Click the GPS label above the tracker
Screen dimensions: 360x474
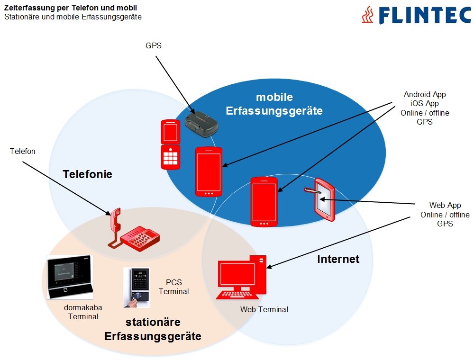(153, 46)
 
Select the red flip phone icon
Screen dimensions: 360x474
(170, 144)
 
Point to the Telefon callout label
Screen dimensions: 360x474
(23, 151)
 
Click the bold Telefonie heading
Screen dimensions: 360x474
(88, 174)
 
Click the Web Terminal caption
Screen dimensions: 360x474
(264, 309)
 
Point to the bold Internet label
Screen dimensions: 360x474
(338, 259)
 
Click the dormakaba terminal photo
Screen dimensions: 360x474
(70, 277)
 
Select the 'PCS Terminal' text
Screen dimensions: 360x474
(173, 287)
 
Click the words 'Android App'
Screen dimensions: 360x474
(425, 94)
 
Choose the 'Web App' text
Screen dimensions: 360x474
(445, 206)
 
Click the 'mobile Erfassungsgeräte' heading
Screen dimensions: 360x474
(274, 104)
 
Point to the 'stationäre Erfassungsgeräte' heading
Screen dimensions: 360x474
(153, 329)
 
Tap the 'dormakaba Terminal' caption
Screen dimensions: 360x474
(83, 312)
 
